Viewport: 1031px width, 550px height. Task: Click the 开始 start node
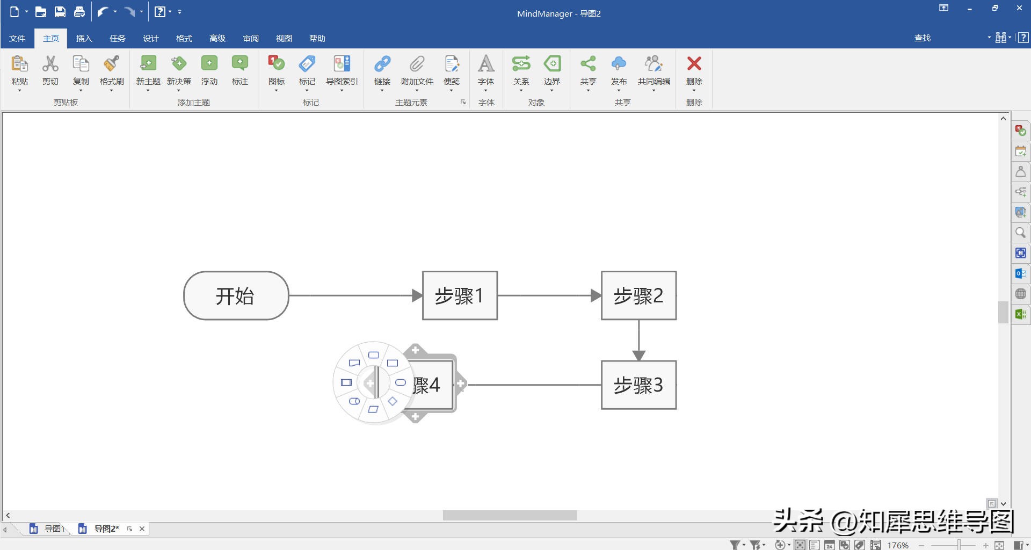[236, 295]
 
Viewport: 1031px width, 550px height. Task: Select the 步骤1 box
[460, 295]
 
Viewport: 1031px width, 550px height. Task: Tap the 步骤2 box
[638, 295]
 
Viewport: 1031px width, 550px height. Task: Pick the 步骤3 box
[638, 385]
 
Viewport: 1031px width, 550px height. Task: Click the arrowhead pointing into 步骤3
[638, 355]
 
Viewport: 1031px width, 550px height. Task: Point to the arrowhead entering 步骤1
[417, 295]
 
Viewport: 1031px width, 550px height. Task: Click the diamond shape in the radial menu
[393, 401]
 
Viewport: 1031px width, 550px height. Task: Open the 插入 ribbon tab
[84, 38]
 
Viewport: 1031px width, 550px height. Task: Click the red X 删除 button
[694, 64]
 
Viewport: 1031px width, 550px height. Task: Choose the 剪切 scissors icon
[50, 64]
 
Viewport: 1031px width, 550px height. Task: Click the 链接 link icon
[382, 64]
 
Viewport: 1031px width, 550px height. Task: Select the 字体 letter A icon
[486, 64]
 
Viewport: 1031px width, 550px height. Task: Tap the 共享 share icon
[588, 64]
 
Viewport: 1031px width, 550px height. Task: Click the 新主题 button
[148, 64]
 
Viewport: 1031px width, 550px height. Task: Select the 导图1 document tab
[53, 529]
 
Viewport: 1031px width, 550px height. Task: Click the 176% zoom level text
[897, 545]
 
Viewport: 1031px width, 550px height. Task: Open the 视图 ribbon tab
[284, 38]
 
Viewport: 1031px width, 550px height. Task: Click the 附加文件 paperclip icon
[417, 64]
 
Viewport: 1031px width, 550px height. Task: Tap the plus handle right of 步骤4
[460, 384]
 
